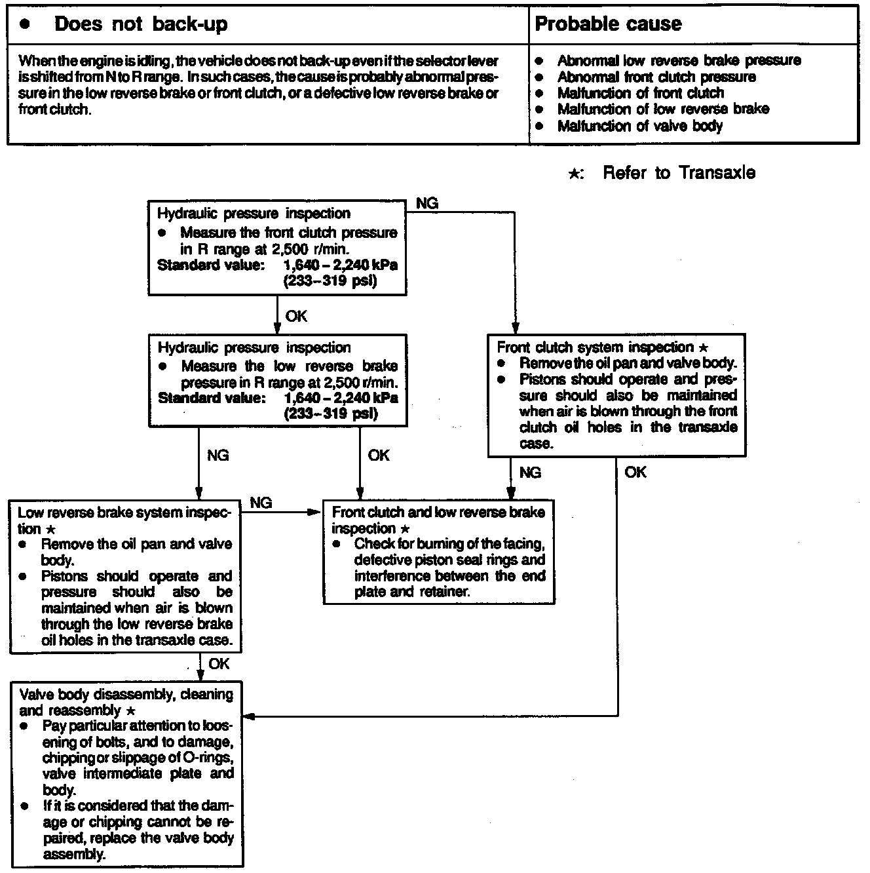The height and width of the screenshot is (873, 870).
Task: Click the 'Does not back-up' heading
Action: (141, 25)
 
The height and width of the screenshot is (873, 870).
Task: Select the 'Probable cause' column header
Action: (608, 25)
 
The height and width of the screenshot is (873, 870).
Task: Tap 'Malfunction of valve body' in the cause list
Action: (639, 126)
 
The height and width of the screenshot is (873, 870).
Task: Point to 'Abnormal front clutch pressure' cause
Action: (656, 77)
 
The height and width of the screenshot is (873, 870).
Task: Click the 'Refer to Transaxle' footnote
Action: (678, 173)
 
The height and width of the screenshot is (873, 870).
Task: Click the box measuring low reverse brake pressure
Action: (277, 381)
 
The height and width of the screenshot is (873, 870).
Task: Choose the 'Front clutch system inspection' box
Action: (616, 395)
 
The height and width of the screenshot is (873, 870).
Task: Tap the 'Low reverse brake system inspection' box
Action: (125, 577)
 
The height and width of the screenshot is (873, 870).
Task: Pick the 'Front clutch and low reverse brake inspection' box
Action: (438, 552)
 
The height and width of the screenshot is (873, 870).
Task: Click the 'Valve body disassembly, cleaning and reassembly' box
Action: (127, 774)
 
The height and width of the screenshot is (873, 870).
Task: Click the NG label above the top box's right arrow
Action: (427, 203)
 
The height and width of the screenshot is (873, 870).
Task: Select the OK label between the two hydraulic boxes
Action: (296, 317)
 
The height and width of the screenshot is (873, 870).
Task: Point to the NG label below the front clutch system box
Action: (530, 473)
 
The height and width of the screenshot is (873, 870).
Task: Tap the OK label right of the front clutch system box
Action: (635, 473)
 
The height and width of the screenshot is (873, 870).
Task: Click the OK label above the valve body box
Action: (219, 664)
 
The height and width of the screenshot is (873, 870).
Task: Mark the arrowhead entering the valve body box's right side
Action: (249, 716)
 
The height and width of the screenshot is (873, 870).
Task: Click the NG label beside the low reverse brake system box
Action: (261, 503)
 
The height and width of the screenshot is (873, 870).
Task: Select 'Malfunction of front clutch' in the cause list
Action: (640, 93)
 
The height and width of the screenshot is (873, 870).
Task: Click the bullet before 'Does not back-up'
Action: (25, 25)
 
